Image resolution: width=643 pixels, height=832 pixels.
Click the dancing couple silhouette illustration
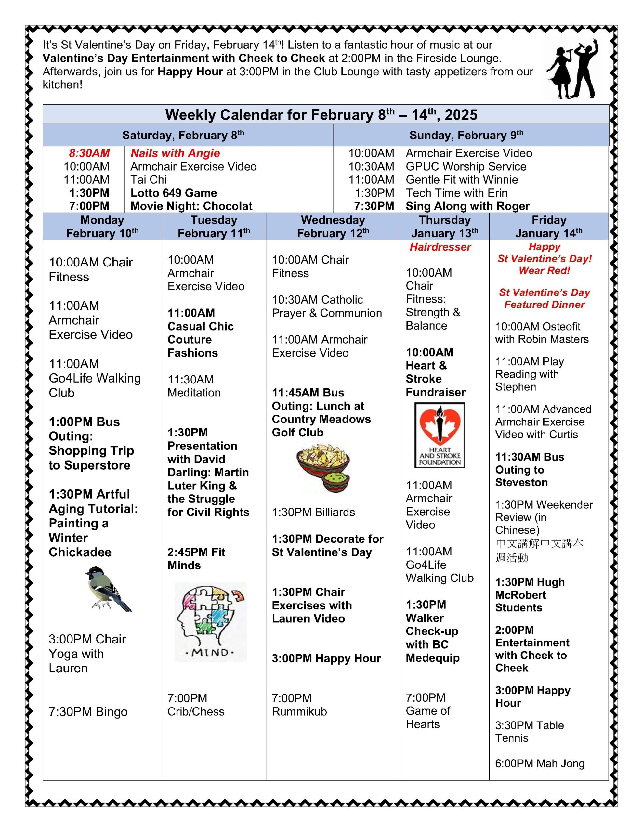click(x=572, y=69)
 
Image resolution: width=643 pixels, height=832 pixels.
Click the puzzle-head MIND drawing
click(x=210, y=622)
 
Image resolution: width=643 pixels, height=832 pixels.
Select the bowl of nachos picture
click(x=323, y=467)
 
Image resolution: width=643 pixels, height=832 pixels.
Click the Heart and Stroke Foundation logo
click(x=440, y=435)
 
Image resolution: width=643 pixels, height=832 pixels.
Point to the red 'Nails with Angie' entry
click(x=175, y=153)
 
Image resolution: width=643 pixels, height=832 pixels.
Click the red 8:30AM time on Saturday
click(x=89, y=153)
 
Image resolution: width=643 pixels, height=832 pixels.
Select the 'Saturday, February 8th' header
click(x=183, y=135)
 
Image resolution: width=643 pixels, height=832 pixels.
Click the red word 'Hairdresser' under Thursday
click(x=440, y=247)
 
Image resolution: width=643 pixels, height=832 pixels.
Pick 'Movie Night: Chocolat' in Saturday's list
click(x=191, y=206)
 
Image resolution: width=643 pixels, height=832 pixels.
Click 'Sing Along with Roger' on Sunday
click(x=467, y=206)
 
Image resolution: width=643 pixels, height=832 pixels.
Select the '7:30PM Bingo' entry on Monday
click(x=88, y=712)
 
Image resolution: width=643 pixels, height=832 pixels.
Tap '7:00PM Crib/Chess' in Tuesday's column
click(x=196, y=705)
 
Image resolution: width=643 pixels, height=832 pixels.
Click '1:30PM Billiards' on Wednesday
click(x=313, y=512)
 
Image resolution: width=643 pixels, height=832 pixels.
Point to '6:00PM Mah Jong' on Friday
click(x=540, y=763)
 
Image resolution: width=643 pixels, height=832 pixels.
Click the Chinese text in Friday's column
click(x=539, y=551)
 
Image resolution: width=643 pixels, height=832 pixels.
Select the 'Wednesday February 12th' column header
click(x=333, y=226)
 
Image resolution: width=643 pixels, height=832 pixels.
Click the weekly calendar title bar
click(x=321, y=115)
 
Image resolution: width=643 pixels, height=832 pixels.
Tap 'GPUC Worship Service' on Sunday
click(x=466, y=166)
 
